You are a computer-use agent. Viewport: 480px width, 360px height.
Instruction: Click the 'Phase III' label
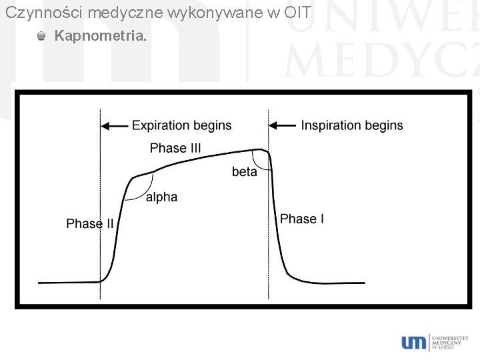(175, 148)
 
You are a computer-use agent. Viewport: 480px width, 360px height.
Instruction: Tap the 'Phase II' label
(90, 224)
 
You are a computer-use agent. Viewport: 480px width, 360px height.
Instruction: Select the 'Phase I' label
(302, 219)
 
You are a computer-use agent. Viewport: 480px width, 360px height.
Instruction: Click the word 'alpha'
(161, 197)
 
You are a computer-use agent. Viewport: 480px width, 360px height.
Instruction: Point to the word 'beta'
(244, 172)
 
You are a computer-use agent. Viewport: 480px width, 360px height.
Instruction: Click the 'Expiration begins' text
(181, 125)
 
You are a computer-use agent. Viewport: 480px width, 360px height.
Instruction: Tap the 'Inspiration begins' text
(352, 125)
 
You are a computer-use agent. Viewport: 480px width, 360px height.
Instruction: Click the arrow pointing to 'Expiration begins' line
(114, 125)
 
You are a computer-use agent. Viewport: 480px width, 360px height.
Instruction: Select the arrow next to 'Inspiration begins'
(282, 125)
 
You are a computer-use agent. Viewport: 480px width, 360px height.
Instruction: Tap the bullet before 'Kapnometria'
(42, 36)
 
